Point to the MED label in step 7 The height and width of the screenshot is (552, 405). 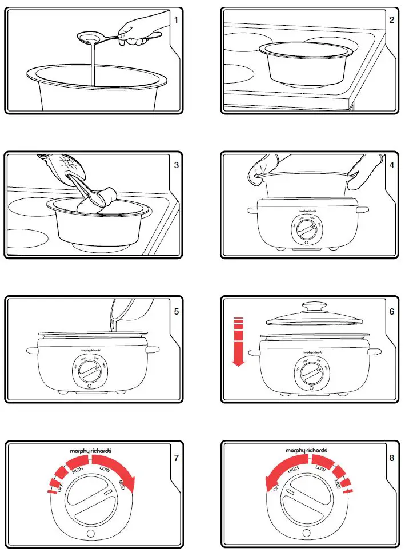(122, 487)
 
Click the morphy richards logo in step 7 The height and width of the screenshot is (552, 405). (91, 451)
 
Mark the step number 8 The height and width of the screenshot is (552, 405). (391, 458)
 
